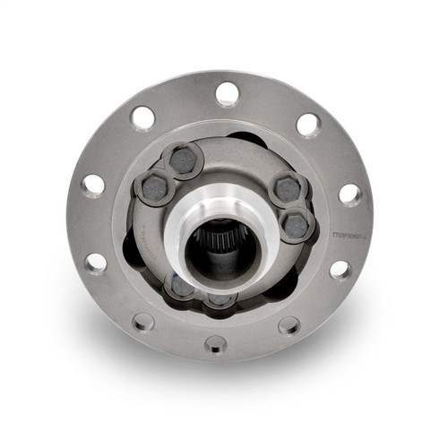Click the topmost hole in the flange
[x=228, y=93]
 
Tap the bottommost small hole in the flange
[x=216, y=342]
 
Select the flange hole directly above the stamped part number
[x=349, y=194]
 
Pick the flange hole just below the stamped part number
[x=340, y=269]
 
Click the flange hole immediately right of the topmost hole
[x=307, y=125]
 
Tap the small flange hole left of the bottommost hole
[x=143, y=322]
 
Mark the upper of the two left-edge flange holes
[x=93, y=185]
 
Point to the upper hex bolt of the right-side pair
[x=288, y=190]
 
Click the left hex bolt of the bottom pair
[x=182, y=286]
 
